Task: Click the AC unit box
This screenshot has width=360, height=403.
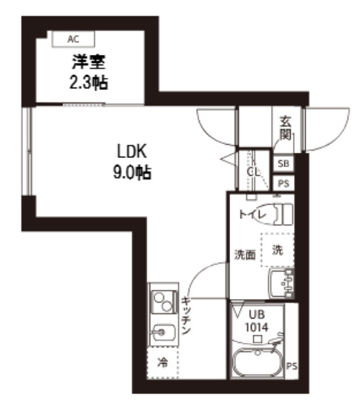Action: tap(73, 39)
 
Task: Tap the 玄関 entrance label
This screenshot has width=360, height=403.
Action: tap(286, 128)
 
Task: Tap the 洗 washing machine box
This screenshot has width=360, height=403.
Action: tap(277, 250)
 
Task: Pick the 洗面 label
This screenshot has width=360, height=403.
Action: tap(245, 255)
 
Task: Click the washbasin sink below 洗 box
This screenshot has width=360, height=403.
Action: tap(281, 281)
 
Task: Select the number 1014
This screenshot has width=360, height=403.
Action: tap(256, 327)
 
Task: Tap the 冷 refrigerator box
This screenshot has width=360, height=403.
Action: tap(162, 364)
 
